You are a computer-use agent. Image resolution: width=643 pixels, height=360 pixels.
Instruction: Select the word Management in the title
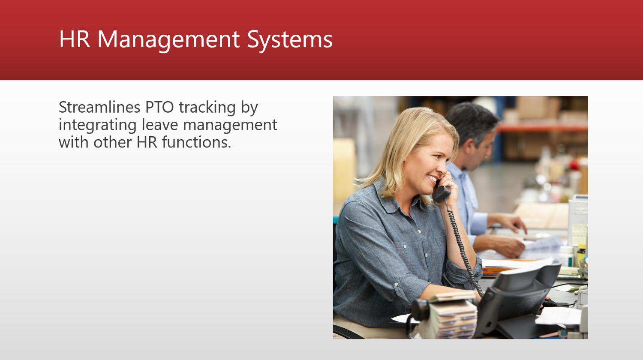pyautogui.click(x=168, y=40)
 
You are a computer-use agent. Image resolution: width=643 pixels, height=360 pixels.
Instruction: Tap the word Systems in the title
pyautogui.click(x=290, y=40)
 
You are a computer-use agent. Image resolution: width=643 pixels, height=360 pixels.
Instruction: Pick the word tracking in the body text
pyautogui.click(x=207, y=108)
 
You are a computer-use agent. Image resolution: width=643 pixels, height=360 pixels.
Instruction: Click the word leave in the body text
pyautogui.click(x=160, y=125)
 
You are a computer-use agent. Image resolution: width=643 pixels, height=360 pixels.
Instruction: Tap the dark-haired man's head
pyautogui.click(x=474, y=129)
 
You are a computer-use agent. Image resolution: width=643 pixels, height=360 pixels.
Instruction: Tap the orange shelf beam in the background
pyautogui.click(x=542, y=128)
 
